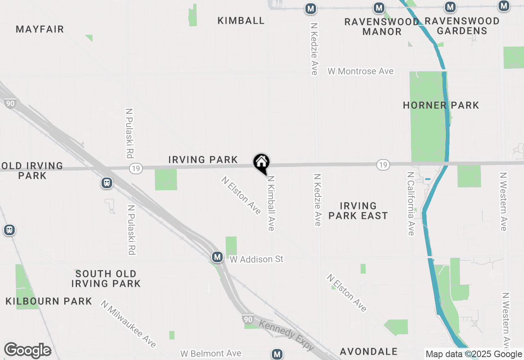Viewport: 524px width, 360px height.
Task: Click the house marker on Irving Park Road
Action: click(261, 163)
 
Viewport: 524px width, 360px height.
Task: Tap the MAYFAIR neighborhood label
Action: click(40, 29)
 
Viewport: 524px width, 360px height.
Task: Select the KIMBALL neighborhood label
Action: click(241, 21)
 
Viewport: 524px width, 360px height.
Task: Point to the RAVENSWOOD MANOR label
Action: click(382, 27)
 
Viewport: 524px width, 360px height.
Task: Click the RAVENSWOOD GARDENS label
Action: click(462, 26)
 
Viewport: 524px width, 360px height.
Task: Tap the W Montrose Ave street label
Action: click(360, 71)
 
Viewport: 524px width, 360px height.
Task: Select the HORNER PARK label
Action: click(441, 106)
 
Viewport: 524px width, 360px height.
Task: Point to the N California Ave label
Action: click(411, 203)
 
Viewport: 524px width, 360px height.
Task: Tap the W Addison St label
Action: click(256, 259)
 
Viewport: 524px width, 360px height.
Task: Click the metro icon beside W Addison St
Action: click(217, 257)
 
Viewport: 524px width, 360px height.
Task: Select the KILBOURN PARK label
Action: click(49, 301)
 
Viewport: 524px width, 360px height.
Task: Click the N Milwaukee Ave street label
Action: click(129, 324)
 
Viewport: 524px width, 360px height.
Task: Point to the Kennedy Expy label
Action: click(287, 335)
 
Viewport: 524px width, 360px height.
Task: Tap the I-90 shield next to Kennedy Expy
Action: click(247, 319)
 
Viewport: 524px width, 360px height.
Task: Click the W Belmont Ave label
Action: click(210, 353)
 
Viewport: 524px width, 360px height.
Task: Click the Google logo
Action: click(27, 351)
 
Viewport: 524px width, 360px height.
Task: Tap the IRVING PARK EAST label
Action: click(358, 211)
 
